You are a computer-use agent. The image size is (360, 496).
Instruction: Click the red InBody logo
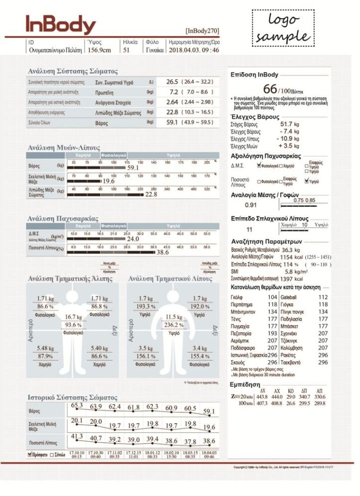pos(60,25)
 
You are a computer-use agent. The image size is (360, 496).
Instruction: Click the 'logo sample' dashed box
pos(283,28)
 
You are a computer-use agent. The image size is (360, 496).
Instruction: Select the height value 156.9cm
pos(100,50)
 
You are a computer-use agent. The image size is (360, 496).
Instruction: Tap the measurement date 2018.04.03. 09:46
pos(194,50)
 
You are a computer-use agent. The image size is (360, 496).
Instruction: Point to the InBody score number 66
pos(270,89)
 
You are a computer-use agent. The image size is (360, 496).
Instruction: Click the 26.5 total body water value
pos(172,81)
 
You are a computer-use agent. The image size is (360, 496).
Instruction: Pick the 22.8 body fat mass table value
pos(172,112)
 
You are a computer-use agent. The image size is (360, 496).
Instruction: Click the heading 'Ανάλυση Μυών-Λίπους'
pos(64,148)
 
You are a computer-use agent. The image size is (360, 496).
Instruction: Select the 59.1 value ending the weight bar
pos(133,168)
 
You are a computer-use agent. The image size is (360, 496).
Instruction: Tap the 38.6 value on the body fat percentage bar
pos(163,253)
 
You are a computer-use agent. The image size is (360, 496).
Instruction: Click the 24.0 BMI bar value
pos(133,239)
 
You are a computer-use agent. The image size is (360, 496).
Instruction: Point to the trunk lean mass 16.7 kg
pos(73,317)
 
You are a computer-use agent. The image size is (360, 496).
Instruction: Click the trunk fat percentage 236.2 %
pos(174,325)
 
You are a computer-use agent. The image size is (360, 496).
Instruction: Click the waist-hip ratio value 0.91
pos(251,205)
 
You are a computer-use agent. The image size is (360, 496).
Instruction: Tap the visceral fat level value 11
pos(250,230)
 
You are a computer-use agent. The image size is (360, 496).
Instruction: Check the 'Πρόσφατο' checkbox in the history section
pos(30,455)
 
